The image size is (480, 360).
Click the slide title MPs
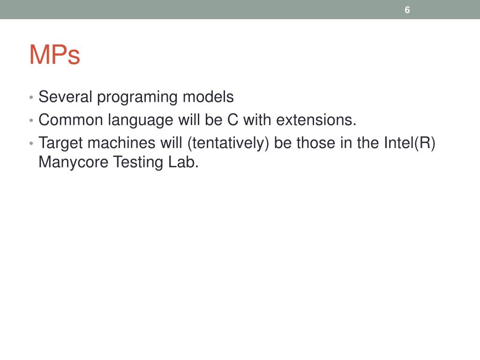point(54,56)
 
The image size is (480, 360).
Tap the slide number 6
point(407,10)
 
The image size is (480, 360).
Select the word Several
point(66,97)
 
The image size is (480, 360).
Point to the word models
point(208,97)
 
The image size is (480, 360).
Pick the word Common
point(71,120)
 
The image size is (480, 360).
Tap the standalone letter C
point(233,120)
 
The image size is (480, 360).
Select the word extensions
point(316,120)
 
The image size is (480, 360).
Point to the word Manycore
point(74,163)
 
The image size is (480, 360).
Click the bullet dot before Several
point(31,98)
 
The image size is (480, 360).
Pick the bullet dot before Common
point(31,121)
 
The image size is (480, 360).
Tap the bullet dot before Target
point(31,143)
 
